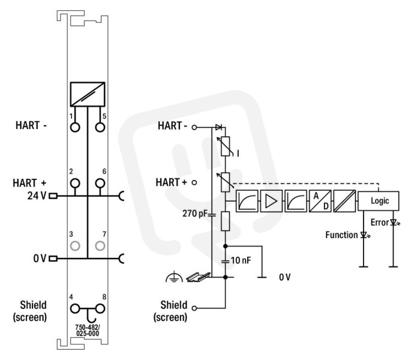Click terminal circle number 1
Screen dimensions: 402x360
75,127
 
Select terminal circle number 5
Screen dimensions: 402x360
100,127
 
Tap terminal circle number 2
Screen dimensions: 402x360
75,184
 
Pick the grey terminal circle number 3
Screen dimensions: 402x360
75,246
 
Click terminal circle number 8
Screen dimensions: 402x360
100,309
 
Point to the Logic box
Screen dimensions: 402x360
379,201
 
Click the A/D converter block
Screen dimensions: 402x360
320,201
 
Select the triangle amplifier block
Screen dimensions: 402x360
271,201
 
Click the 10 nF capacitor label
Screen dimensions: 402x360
241,260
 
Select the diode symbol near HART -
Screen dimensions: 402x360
218,127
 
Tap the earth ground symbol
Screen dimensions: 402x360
175,277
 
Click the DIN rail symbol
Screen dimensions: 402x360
199,277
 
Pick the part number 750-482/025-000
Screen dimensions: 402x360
88,330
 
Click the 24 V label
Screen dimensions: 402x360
37,196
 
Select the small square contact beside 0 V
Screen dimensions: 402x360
53,259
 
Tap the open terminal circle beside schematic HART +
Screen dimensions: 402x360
194,182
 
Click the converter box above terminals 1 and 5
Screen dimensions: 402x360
88,94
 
